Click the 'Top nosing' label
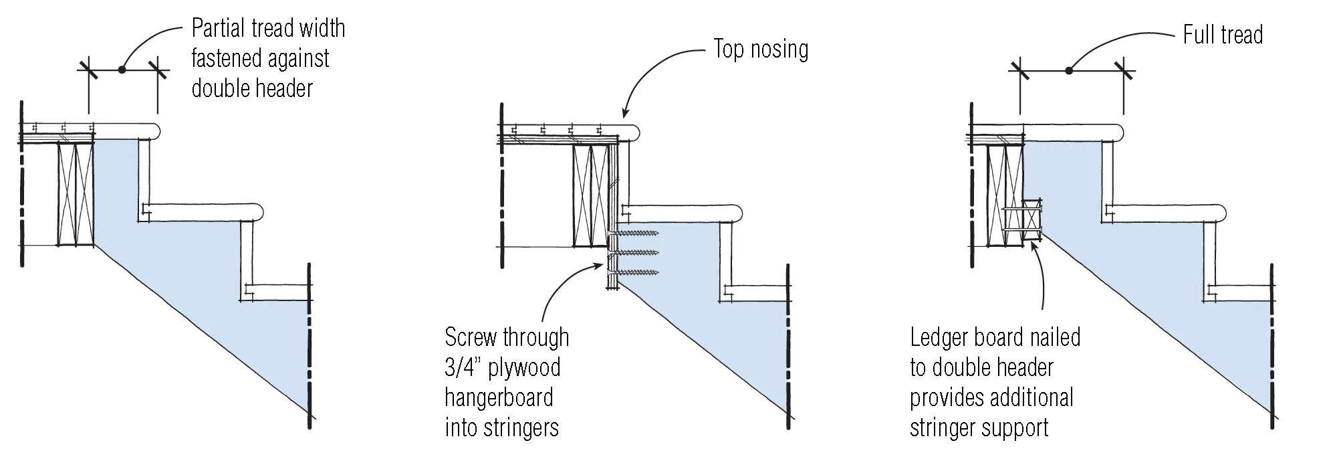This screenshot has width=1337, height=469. pos(761,49)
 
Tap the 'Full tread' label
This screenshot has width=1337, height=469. pos(1223,35)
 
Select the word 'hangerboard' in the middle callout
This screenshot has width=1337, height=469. pos(499,397)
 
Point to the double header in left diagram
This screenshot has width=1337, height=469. pos(74,193)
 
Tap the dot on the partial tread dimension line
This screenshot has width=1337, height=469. pos(122,69)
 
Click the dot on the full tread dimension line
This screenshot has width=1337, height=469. pos(1068,70)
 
